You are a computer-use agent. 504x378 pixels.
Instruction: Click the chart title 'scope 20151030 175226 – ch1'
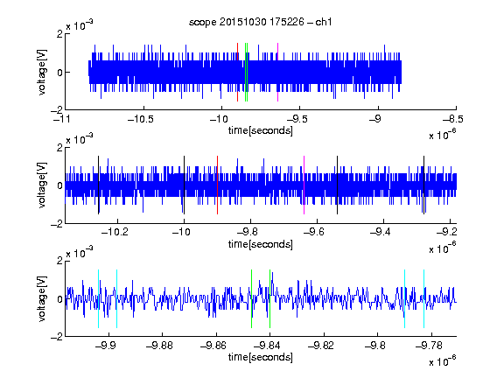coord(261,22)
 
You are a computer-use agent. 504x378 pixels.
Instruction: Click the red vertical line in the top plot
coord(237,72)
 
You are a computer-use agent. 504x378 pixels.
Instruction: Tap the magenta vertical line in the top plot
coord(277,72)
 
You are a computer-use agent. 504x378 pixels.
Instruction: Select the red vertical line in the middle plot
coord(217,185)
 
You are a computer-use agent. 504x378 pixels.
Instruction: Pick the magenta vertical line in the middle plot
coord(304,185)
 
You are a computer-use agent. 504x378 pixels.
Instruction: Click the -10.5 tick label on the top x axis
coord(141,119)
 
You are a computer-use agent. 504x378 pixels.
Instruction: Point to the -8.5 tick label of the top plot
coord(453,119)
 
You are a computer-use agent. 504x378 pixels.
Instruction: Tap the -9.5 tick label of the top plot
coord(297,119)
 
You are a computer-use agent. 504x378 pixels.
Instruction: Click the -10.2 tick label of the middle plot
coord(115,232)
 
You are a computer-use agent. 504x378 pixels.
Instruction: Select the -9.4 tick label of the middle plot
coord(381,232)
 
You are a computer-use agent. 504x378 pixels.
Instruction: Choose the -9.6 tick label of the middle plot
coord(314,232)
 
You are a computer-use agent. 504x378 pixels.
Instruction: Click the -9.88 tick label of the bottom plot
coord(159,346)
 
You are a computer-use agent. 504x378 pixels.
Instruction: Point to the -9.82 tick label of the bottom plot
coord(321,346)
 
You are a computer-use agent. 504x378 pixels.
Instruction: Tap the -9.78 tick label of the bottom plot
coord(429,346)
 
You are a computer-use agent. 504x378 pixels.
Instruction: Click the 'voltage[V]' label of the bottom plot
coord(42,298)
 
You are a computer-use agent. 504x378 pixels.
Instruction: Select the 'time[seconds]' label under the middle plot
coord(261,244)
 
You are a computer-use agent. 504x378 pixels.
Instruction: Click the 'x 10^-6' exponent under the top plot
coord(443,135)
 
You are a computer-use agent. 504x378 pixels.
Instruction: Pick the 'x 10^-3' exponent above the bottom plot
coord(80,253)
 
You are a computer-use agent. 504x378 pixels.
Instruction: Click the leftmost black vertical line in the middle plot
coord(98,185)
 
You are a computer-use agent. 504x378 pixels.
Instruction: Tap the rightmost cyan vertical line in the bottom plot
coord(423,298)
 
